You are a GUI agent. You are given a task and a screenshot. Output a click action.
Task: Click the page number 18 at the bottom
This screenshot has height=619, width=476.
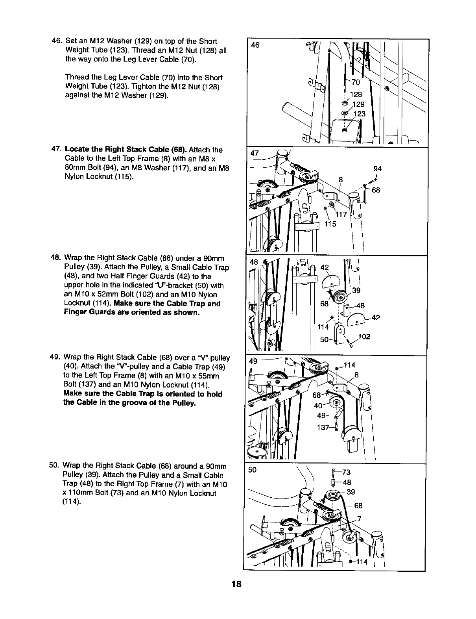coord(236,584)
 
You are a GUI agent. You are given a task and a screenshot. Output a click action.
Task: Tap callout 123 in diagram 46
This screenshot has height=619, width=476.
coord(360,114)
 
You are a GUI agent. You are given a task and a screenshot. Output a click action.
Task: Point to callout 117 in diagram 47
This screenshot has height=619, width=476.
coord(341,215)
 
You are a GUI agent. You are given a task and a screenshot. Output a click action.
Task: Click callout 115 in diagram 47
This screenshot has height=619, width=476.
coord(330,224)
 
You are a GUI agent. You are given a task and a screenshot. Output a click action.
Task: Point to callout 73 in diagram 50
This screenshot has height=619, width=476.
coord(346,473)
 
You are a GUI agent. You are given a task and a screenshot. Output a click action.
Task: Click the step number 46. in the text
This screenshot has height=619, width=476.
coord(57,41)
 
